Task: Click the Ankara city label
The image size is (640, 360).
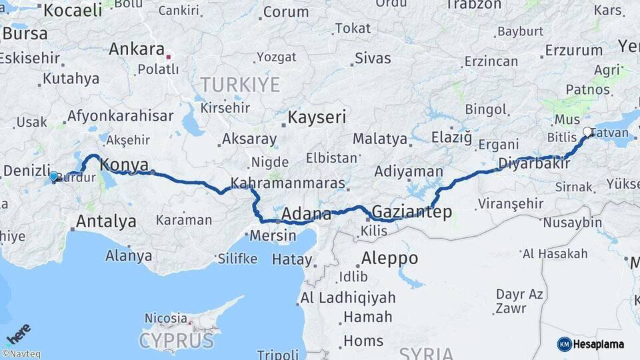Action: (136, 49)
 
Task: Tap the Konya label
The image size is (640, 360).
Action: (123, 165)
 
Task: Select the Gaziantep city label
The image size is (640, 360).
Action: (412, 212)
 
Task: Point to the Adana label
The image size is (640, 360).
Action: (306, 214)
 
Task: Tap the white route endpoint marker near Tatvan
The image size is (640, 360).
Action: (587, 132)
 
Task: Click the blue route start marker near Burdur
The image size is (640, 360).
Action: (53, 176)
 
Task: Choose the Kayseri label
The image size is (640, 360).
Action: (317, 118)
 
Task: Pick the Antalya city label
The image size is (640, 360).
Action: (106, 221)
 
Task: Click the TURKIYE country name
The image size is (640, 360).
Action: (240, 85)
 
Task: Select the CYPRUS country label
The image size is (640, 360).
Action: (176, 341)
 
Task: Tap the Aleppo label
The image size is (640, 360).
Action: (389, 258)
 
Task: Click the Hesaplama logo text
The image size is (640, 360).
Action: (599, 344)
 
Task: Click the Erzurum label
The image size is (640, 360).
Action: (573, 50)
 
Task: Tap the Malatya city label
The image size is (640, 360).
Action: (379, 139)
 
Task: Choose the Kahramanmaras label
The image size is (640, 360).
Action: (288, 183)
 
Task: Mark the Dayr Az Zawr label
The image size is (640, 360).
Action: (519, 301)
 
